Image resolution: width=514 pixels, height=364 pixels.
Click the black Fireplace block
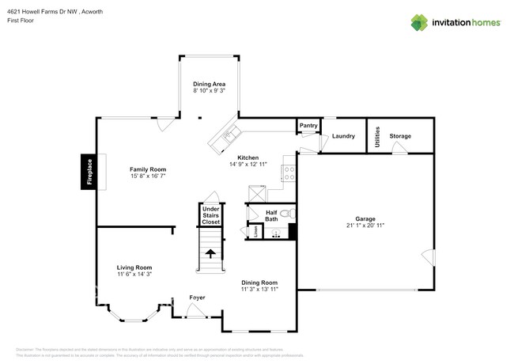(89, 173)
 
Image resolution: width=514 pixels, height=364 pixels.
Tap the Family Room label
(148, 169)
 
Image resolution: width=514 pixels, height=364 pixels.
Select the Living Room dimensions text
(134, 275)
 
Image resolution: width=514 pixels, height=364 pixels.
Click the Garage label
(365, 218)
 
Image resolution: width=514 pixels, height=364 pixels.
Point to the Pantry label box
(308, 126)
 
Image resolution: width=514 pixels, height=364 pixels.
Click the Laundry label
(342, 136)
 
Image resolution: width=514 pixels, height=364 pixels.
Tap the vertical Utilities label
(377, 135)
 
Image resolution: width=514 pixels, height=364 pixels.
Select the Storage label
(400, 136)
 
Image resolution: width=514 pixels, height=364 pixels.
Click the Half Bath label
(271, 215)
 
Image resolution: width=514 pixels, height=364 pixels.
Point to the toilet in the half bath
(288, 213)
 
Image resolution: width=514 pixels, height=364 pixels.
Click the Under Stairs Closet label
(210, 215)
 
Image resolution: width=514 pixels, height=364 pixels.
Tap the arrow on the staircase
(210, 253)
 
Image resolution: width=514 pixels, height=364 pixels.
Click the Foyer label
(197, 298)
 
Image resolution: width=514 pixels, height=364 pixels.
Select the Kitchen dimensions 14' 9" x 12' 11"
(248, 165)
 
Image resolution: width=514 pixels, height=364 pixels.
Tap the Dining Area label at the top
(210, 83)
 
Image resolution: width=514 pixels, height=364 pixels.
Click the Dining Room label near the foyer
(259, 282)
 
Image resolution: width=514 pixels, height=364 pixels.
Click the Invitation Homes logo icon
(421, 23)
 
